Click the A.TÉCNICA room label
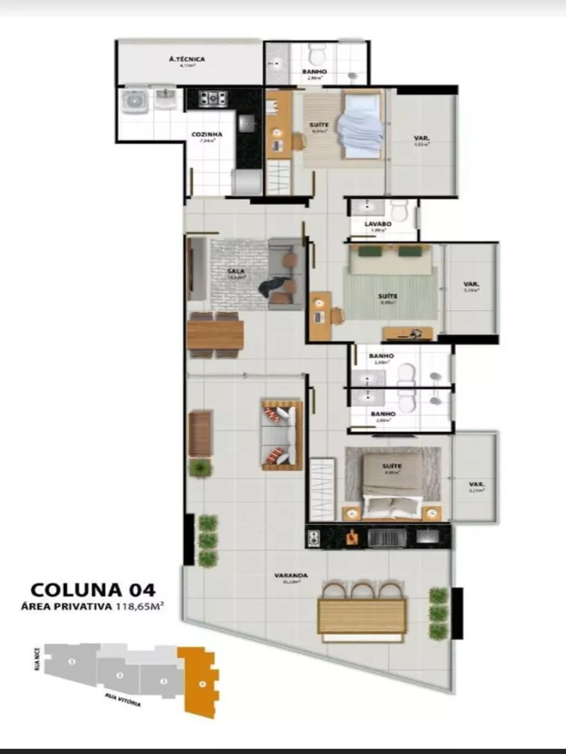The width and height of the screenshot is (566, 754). coord(188,59)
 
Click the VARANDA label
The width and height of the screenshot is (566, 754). coord(290,575)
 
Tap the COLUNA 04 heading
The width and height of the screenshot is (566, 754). coord(93,588)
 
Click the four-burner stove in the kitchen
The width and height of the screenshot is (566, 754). coord(213,97)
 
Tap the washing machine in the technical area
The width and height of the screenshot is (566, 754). coord(135,100)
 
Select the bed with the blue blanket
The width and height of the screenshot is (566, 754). coord(359,124)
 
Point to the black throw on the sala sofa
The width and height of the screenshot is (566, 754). coord(271,287)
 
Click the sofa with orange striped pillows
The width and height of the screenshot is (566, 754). coord(282,435)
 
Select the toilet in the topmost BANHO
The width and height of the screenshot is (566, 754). coord(317,54)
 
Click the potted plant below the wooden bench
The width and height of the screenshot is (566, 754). coord(200,468)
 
